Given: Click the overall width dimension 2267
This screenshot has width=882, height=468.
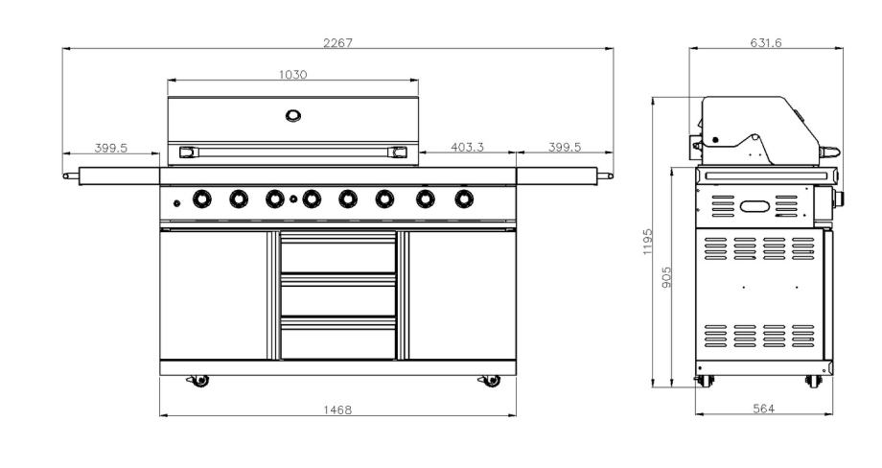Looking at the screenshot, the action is point(337,43).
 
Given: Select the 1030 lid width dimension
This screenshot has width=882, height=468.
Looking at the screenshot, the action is point(293,75).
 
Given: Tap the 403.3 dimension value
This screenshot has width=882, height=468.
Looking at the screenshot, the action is point(467,148).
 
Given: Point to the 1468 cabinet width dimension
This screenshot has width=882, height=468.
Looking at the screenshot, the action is point(337,410).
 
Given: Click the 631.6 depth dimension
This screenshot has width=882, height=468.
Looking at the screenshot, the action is point(766,43).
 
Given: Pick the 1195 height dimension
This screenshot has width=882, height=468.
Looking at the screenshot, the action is point(647,242).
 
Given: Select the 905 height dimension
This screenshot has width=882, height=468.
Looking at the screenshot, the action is point(666,277).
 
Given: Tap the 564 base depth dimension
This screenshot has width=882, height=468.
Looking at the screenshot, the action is point(763,409).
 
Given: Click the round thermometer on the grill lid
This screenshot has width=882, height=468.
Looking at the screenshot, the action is point(293,116).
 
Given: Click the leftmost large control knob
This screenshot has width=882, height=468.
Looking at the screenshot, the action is point(202,199).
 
